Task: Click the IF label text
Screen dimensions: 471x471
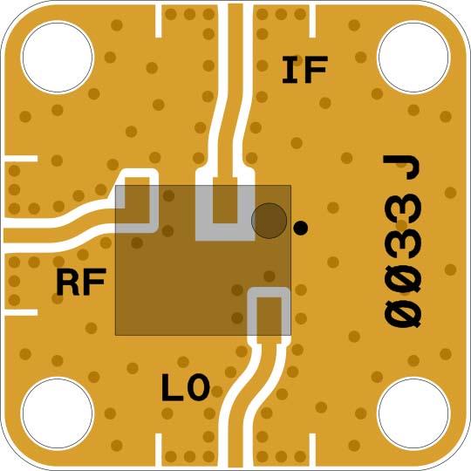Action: (303, 70)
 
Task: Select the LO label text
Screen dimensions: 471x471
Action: (185, 387)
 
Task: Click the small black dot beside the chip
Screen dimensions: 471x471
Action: (301, 229)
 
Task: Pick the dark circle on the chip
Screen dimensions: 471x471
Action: (269, 221)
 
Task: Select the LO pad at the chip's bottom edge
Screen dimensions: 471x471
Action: (270, 313)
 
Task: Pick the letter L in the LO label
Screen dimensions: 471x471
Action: (172, 387)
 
